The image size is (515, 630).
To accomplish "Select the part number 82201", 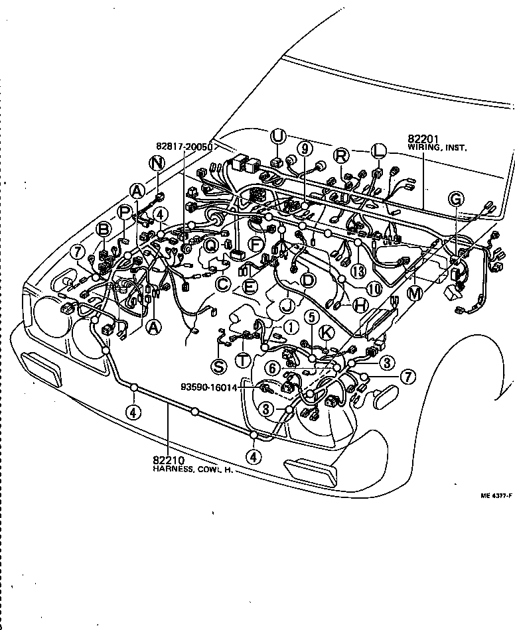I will (421, 140).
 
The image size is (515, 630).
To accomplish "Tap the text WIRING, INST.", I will (437, 149).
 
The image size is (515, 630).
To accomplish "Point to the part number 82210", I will (166, 460).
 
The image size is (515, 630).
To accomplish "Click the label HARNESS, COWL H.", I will (186, 469).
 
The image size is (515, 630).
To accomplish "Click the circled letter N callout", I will (157, 163).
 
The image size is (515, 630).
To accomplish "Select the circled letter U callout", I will (277, 137).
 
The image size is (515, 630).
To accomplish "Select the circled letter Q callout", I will (211, 245).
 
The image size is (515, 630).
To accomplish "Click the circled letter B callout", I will (104, 229).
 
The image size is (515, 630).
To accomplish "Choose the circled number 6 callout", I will (272, 367).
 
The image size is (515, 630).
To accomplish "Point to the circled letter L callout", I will (378, 151).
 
